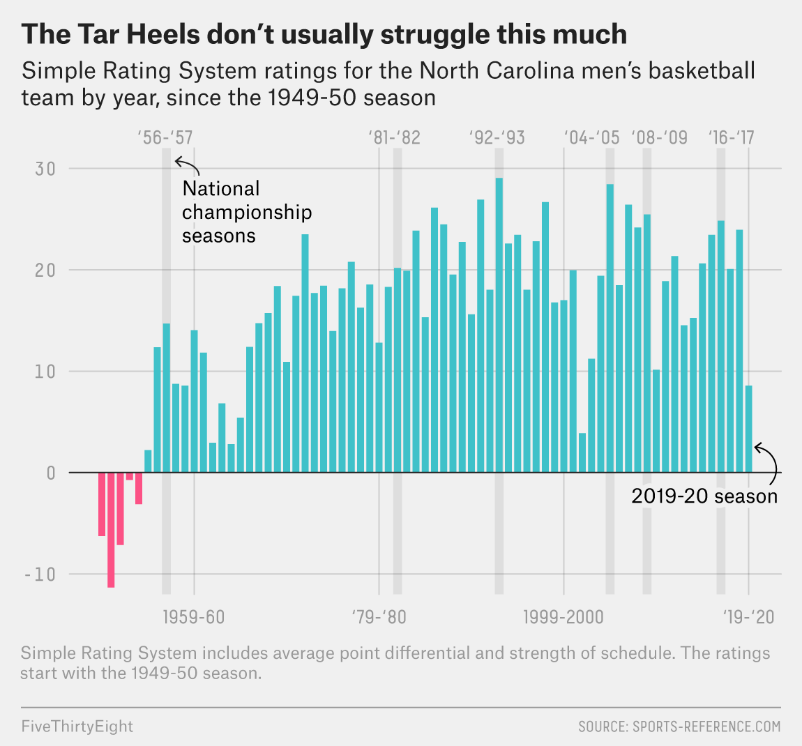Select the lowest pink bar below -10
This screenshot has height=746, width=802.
[111, 530]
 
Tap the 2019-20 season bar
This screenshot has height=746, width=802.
[748, 429]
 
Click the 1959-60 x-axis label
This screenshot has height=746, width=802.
[194, 617]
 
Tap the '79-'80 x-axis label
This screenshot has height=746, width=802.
[379, 617]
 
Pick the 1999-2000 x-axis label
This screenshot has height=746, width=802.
[563, 617]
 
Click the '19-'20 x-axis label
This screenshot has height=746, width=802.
[748, 617]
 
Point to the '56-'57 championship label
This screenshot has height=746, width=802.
[166, 137]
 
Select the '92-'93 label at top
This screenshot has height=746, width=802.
[497, 137]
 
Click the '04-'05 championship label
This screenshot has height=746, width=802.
[591, 137]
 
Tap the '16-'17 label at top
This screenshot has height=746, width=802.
[731, 137]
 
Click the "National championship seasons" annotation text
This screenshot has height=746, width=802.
[246, 212]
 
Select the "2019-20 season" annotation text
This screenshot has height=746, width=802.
[704, 496]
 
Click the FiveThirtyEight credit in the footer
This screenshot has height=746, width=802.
[77, 726]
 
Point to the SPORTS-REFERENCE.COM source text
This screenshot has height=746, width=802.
[679, 726]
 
